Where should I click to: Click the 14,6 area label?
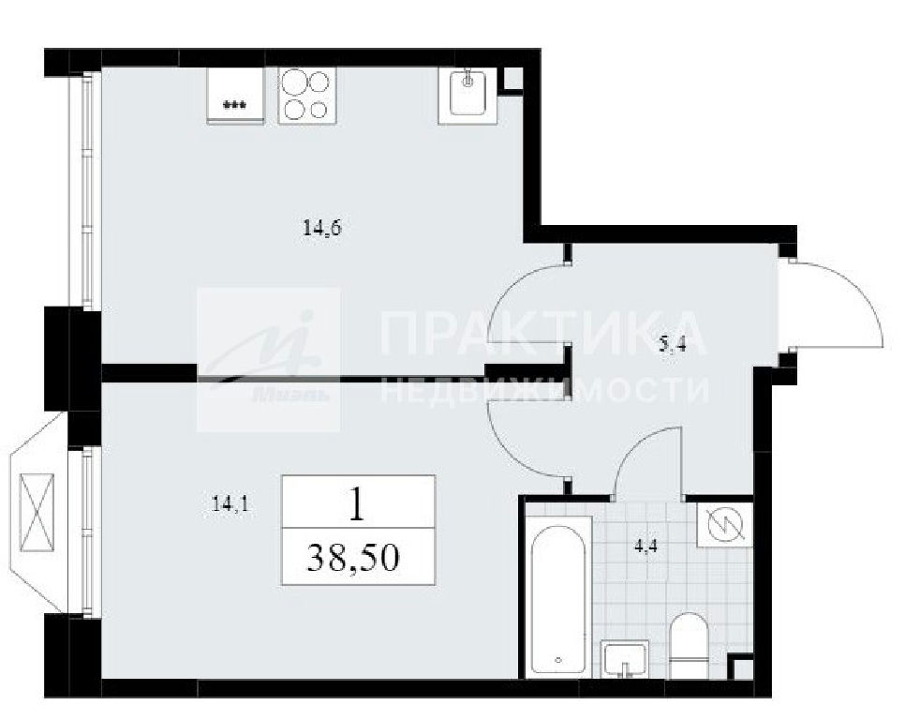[322, 229]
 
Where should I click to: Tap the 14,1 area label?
[230, 505]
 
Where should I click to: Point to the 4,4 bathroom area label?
[645, 546]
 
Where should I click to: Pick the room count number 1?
[358, 503]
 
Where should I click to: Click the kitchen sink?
[467, 96]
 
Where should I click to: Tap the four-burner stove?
[306, 96]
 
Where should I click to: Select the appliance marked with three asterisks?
[235, 96]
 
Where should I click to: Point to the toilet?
[689, 646]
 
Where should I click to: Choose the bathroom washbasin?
[624, 659]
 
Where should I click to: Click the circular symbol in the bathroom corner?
[724, 525]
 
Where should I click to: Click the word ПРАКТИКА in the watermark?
[542, 333]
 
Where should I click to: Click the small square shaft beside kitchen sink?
[512, 79]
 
